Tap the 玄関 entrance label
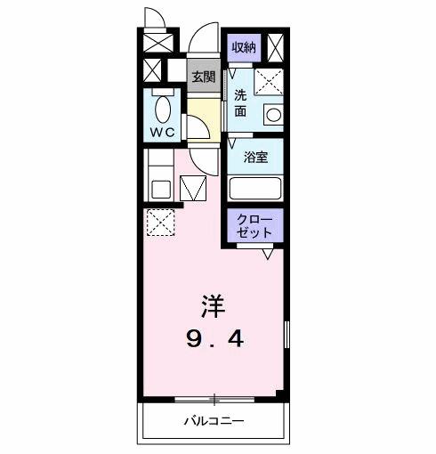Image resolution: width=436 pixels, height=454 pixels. [x=204, y=77]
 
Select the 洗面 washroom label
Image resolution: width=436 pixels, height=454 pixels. [x=241, y=103]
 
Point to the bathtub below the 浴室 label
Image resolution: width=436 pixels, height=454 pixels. [x=256, y=188]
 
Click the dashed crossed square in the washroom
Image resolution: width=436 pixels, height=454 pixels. [x=268, y=83]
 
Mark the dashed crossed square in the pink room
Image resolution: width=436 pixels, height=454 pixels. [x=161, y=222]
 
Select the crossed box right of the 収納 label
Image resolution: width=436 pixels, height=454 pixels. [x=276, y=46]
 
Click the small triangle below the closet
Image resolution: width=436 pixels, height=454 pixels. [x=267, y=254]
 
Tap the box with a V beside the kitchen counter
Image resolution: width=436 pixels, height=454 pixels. [x=193, y=187]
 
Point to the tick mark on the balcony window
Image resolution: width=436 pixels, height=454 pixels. [x=214, y=396]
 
